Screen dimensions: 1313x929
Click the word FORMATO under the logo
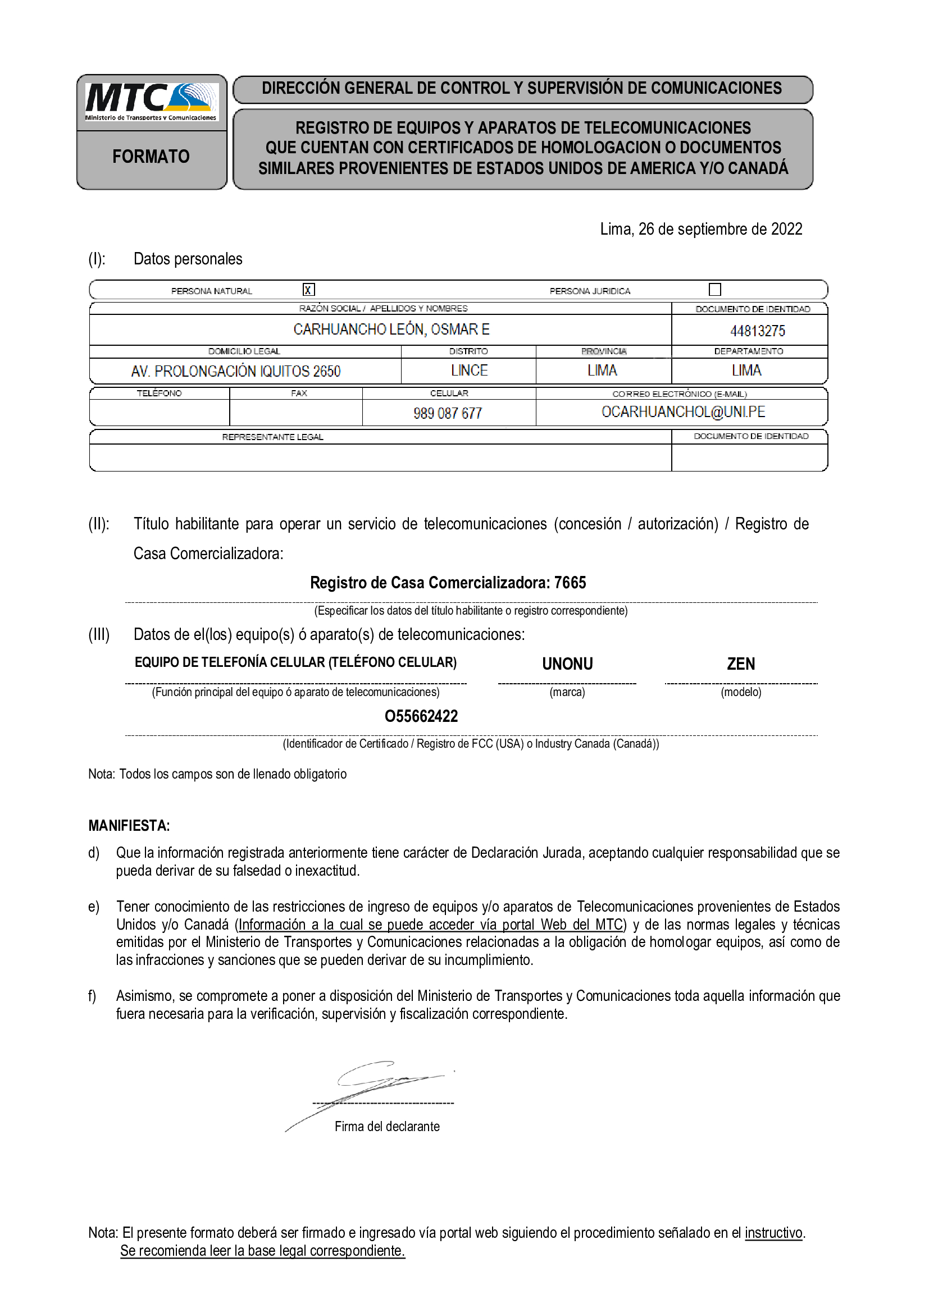pyautogui.click(x=151, y=157)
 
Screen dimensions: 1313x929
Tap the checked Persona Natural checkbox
pyautogui.click(x=309, y=290)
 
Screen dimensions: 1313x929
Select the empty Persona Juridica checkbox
pyautogui.click(x=714, y=289)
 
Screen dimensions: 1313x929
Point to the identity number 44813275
pyautogui.click(x=757, y=331)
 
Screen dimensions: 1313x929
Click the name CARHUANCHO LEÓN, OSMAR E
pyautogui.click(x=391, y=330)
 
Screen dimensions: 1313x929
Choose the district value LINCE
pyautogui.click(x=469, y=370)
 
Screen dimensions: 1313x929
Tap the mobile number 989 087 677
pyautogui.click(x=448, y=413)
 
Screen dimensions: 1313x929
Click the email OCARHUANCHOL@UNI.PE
pyautogui.click(x=683, y=411)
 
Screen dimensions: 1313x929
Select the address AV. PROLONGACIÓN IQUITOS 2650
pyautogui.click(x=236, y=372)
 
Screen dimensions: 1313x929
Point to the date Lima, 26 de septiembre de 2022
pyautogui.click(x=701, y=230)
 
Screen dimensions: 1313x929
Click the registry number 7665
pyautogui.click(x=570, y=583)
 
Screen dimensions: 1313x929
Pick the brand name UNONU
pyautogui.click(x=567, y=664)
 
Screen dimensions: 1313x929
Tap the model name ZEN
pyautogui.click(x=741, y=664)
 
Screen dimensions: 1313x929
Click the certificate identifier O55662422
pyautogui.click(x=421, y=716)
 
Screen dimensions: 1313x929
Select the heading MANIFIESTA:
pyautogui.click(x=129, y=826)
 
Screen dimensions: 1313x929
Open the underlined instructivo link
pyautogui.click(x=773, y=1232)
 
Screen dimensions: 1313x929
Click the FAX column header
pyautogui.click(x=299, y=394)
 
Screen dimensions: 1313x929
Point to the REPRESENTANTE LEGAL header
pyautogui.click(x=273, y=437)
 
